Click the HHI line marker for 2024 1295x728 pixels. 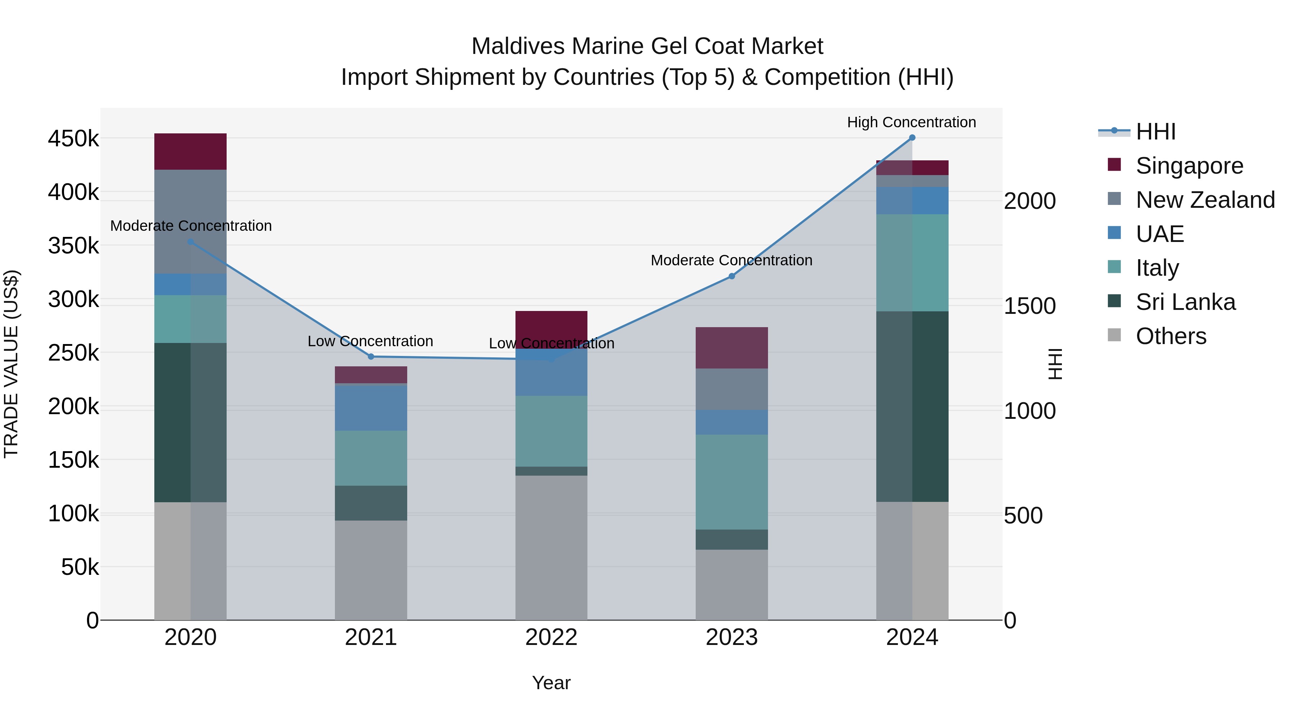click(912, 138)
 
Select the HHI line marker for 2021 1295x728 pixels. click(371, 357)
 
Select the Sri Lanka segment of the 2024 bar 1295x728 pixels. click(912, 407)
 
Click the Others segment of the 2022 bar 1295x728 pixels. click(551, 548)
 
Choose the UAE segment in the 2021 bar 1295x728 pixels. click(371, 408)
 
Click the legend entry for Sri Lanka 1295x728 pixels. click(1185, 302)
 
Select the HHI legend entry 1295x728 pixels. click(1155, 132)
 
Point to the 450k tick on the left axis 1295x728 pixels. click(74, 139)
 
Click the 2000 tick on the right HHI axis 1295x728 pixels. click(1030, 201)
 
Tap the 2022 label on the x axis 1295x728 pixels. click(551, 637)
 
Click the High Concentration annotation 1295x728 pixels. click(912, 122)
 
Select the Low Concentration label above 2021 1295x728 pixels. click(370, 342)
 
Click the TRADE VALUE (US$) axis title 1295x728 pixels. click(11, 364)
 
